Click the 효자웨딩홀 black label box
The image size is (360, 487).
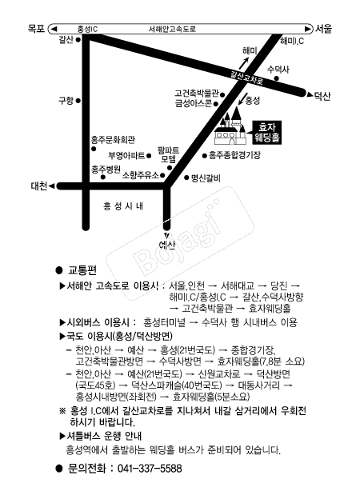(x=267, y=132)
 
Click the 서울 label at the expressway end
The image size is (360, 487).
(x=324, y=29)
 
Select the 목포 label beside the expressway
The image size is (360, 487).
(x=36, y=29)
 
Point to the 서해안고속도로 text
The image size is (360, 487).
(x=172, y=30)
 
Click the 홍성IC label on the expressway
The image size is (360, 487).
(x=87, y=30)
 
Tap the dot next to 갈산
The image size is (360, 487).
(x=78, y=40)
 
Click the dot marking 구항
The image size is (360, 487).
(x=78, y=101)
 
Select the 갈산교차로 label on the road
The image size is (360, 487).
(x=247, y=78)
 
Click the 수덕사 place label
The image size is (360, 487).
(x=278, y=70)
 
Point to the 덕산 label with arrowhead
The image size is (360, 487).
(x=319, y=95)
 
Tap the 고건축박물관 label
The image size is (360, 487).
(x=197, y=94)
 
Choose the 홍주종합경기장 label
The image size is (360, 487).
(x=234, y=155)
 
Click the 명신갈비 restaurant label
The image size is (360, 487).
(x=206, y=178)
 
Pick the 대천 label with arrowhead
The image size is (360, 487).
(x=43, y=186)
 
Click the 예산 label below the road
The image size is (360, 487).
(x=167, y=245)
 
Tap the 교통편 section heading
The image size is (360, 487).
(x=82, y=270)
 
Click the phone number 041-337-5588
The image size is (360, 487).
(x=150, y=469)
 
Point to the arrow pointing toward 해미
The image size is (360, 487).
(x=244, y=64)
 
